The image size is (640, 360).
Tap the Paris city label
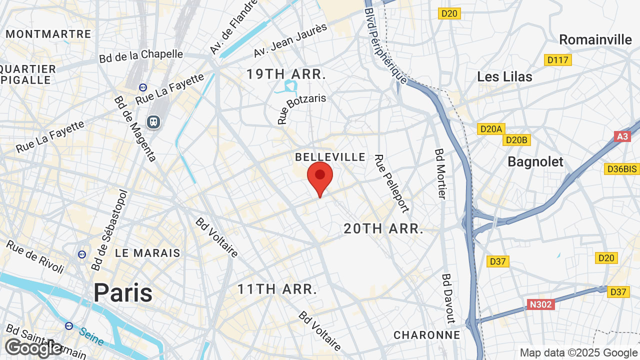tap(123, 292)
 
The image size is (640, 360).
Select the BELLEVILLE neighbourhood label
tap(330, 157)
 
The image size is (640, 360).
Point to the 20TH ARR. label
tap(383, 229)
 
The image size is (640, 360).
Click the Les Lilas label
tap(504, 76)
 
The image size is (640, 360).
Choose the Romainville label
tap(595, 39)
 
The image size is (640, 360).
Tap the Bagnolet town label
tap(535, 161)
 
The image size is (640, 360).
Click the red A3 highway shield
tap(622, 136)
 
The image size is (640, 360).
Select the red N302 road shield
tap(540, 304)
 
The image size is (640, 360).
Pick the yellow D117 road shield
tap(557, 60)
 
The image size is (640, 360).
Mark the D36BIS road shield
tap(621, 169)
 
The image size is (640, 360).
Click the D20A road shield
tap(491, 129)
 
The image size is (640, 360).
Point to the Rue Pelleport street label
tap(392, 183)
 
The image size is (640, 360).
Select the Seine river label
tap(91, 337)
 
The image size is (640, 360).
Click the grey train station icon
tap(153, 121)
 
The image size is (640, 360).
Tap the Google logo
tap(33, 348)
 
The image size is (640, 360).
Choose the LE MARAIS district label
tap(147, 253)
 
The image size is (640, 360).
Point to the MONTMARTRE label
tap(48, 34)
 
